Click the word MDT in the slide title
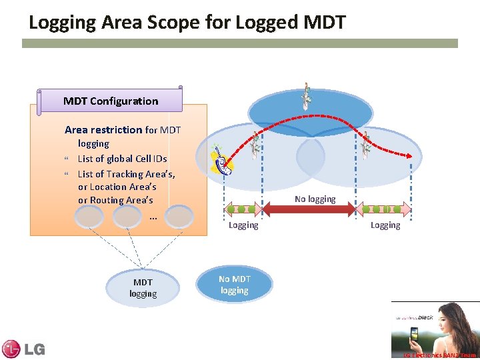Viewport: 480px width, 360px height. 324,23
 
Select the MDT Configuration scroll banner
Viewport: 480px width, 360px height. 111,101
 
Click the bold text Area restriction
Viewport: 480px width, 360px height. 103,130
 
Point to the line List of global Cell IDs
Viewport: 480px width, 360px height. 122,159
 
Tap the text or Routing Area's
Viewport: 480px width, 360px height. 115,200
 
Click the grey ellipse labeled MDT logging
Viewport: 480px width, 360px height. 143,287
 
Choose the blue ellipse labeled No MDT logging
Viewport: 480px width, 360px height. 234,285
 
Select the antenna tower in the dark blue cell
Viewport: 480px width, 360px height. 306,97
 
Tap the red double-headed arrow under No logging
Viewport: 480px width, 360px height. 309,209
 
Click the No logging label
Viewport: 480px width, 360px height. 315,199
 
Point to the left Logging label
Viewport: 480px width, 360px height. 243,225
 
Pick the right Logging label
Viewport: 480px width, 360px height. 385,225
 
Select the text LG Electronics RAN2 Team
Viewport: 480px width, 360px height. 439,355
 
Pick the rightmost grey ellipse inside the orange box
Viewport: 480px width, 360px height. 179,217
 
